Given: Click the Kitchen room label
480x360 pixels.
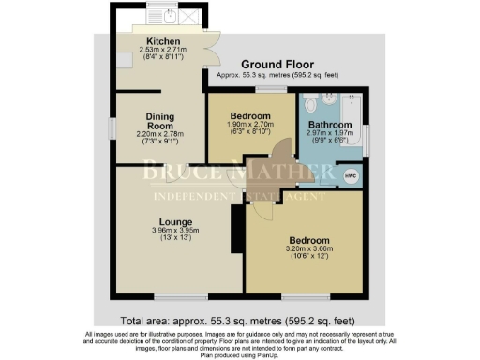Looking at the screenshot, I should [159, 41].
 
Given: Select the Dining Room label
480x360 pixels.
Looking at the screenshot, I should [159, 123].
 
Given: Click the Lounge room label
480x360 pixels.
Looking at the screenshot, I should [150, 222].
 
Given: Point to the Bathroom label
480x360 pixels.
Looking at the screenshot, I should [331, 124].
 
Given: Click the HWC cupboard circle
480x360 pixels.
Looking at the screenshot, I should [352, 174].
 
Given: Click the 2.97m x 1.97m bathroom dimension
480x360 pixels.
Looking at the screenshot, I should [331, 133].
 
